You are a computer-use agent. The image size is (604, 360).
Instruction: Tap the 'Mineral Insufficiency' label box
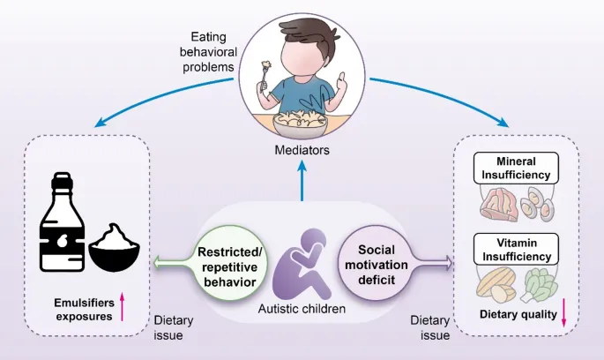tap(517, 168)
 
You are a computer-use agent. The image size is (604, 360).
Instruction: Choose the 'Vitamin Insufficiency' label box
tap(517, 249)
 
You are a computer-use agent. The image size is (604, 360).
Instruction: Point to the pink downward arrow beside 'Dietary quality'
tap(563, 316)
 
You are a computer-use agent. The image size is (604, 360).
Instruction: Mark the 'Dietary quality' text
tap(515, 315)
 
